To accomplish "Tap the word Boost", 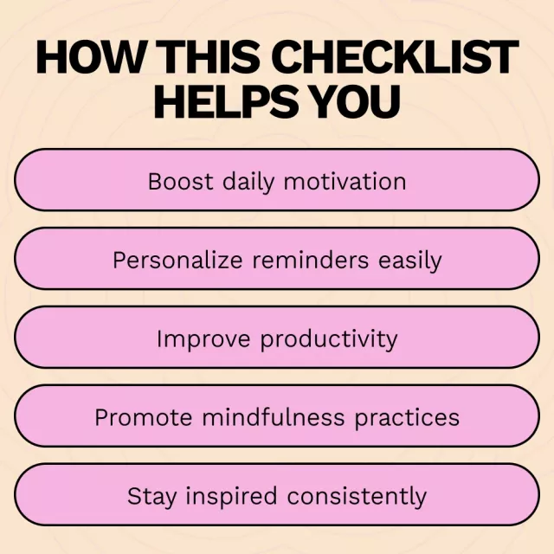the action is (x=181, y=182).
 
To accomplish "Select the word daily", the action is (x=248, y=183).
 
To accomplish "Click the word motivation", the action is (x=345, y=182).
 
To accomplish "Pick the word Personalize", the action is (x=177, y=260).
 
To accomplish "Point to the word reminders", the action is (x=311, y=260).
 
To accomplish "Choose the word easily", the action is (x=409, y=261).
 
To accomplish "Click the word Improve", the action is (x=204, y=338).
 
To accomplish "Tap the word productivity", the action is (x=329, y=340).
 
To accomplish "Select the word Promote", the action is (x=144, y=417).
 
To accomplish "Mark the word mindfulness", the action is (x=274, y=417).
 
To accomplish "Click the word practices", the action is (x=407, y=418).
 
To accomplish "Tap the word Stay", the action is (x=151, y=497).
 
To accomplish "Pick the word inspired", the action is (x=231, y=497).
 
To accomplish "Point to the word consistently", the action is (x=357, y=497).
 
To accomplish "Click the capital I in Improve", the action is (x=159, y=338).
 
